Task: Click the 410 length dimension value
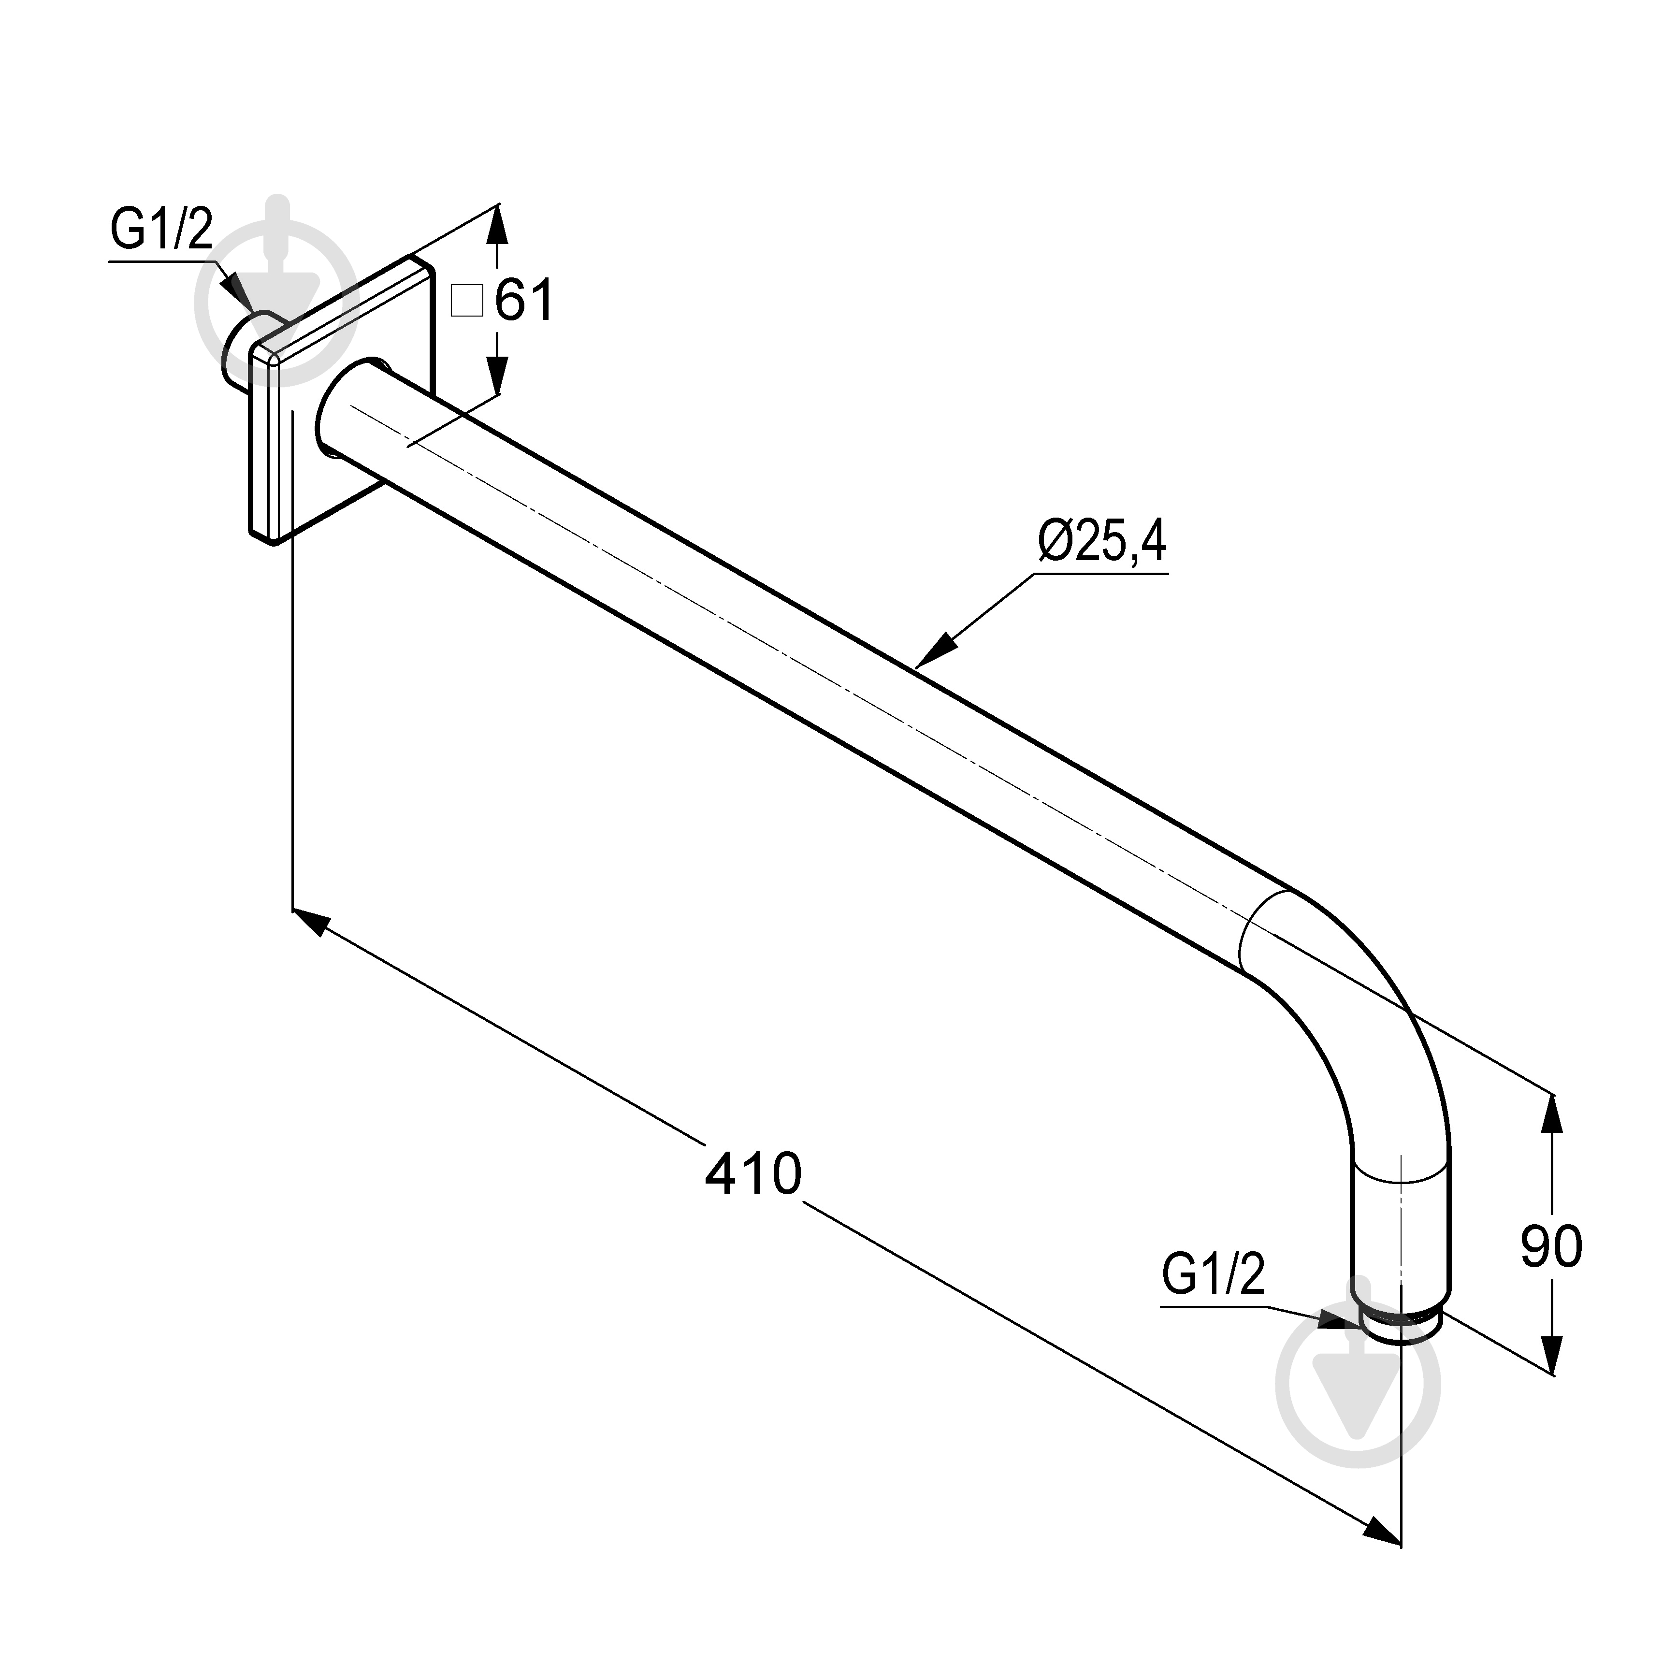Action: click(x=753, y=1174)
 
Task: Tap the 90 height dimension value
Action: click(x=1551, y=1248)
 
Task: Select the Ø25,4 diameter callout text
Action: click(x=1103, y=541)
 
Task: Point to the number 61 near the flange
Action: click(x=524, y=301)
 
